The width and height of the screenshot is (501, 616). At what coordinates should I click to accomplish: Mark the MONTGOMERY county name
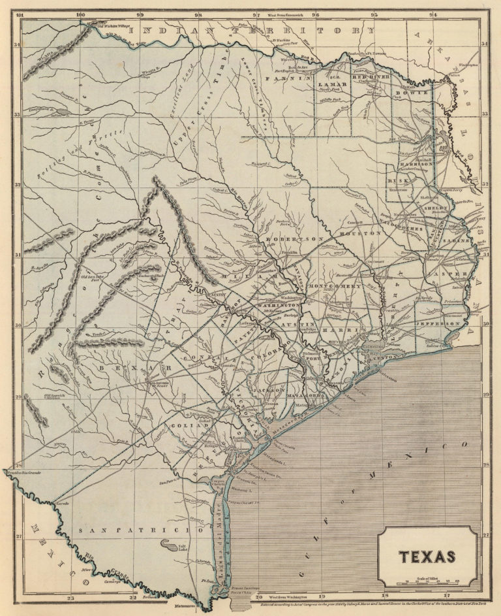[339, 287]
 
